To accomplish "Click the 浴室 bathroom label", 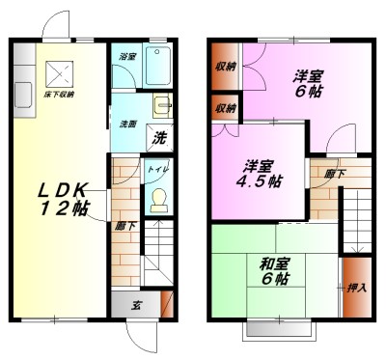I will [126, 58].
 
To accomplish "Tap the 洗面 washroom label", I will [126, 125].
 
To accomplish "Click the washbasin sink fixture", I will [161, 104].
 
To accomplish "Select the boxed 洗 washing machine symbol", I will [160, 137].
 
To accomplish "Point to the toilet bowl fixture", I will [157, 200].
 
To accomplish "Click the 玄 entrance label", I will [136, 305].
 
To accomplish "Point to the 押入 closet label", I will [354, 288].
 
